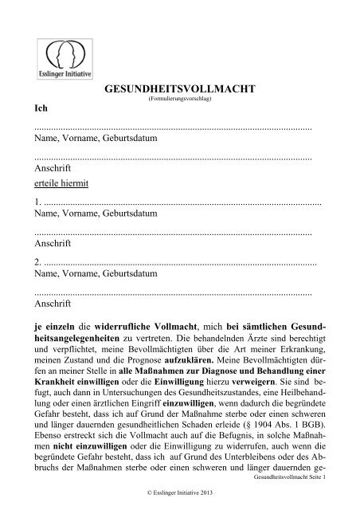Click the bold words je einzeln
click(x=55, y=327)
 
